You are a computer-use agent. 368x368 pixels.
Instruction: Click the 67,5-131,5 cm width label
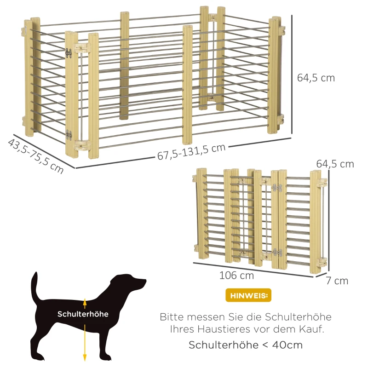coord(191,152)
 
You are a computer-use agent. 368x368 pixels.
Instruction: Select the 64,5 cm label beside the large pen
coord(316,78)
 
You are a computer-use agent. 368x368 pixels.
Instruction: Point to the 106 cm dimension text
coord(236,275)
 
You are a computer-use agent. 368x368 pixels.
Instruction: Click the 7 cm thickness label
coord(337,281)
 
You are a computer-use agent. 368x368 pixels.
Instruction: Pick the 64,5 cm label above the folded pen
coord(335,164)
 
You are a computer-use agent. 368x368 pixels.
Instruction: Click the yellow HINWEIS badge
coord(248,295)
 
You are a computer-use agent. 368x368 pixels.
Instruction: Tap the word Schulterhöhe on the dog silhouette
coord(83,314)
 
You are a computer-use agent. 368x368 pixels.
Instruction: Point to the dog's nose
coord(145,281)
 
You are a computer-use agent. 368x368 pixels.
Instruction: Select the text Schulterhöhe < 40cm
coord(246,345)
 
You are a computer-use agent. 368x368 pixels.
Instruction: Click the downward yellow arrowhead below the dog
coord(85,358)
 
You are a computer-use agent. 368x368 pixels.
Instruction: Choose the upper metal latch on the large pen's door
coord(68,53)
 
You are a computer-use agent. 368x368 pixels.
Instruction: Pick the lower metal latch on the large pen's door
coord(69,135)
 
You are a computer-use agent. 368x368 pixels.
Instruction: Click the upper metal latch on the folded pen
coord(277,188)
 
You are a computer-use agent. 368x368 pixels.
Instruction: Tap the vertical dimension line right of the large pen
coord(292,75)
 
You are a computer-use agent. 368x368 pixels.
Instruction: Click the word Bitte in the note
coord(172,317)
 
